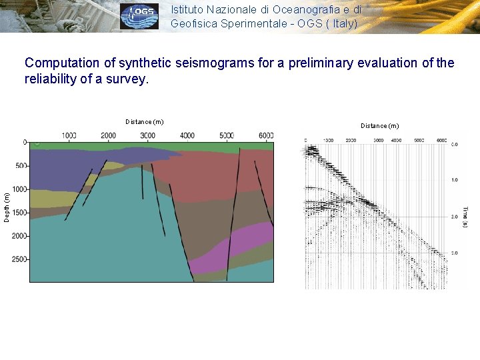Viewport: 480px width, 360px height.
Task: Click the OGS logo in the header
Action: pos(139,16)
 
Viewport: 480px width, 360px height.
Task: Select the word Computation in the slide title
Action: pos(62,63)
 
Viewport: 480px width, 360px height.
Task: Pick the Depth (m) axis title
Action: pos(7,207)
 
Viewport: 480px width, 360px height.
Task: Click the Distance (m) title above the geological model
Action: pos(144,121)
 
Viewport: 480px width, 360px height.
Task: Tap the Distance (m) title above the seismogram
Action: pos(379,125)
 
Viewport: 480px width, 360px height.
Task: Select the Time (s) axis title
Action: pos(465,217)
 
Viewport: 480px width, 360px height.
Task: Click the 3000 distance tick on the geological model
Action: pos(147,135)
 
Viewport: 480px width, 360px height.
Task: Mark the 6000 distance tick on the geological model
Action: pos(265,135)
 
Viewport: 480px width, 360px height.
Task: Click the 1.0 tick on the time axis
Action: pos(454,180)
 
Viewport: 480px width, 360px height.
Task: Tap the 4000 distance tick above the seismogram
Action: pos(396,141)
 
